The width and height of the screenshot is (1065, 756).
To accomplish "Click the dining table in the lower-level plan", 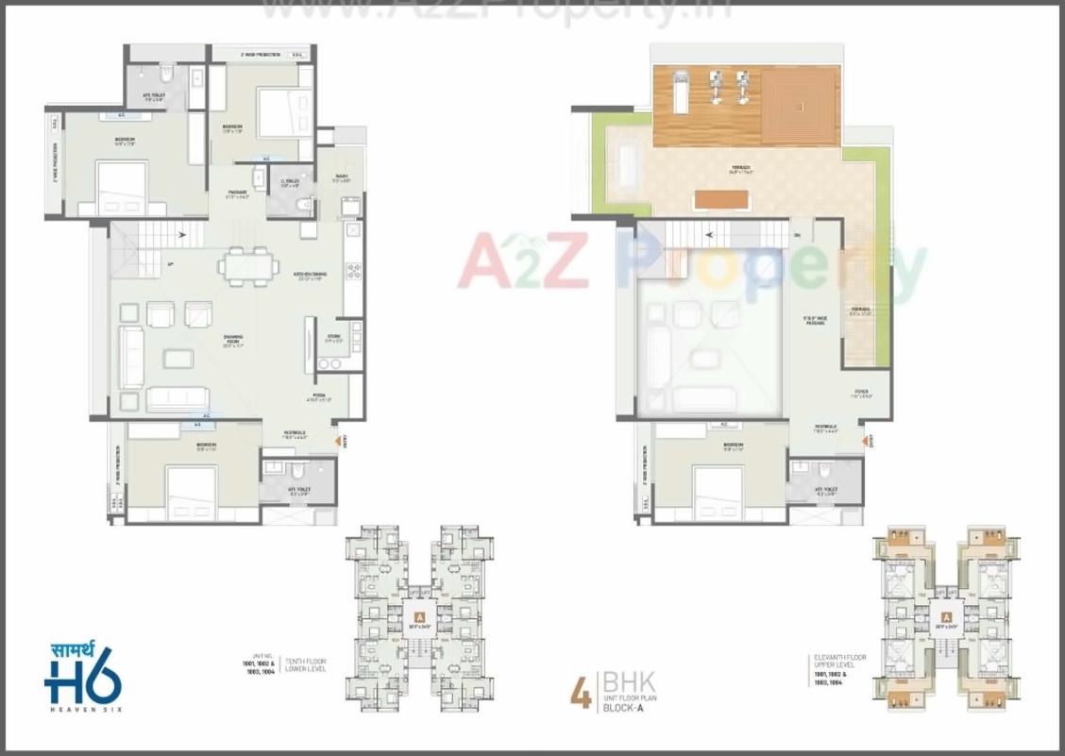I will click(248, 266).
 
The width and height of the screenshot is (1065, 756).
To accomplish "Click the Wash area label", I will click(340, 177).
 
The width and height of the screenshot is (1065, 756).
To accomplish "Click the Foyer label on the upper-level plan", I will click(861, 393).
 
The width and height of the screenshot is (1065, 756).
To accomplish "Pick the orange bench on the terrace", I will click(721, 200).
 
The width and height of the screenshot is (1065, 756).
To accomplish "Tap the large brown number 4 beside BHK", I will click(582, 693).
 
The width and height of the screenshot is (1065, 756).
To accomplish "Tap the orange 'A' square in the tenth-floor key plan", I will click(416, 620).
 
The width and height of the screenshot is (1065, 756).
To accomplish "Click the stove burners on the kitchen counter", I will click(354, 271).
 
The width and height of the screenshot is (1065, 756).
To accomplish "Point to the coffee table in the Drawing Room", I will click(178, 359).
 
